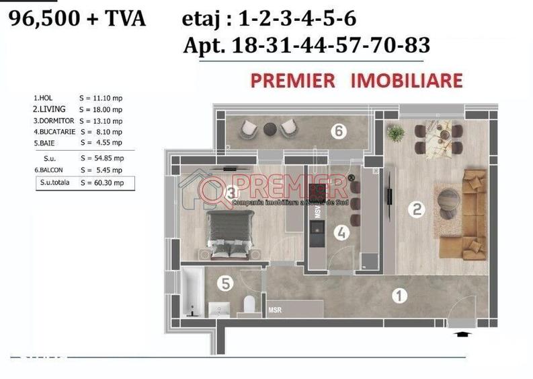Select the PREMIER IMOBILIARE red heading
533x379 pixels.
click(356, 81)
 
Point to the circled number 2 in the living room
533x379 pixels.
click(417, 209)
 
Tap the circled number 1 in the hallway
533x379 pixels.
click(399, 295)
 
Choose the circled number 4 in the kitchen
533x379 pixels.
click(342, 233)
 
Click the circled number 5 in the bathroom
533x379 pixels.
click(226, 284)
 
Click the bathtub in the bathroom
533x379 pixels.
click(191, 294)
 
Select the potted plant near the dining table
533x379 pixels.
click(396, 132)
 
